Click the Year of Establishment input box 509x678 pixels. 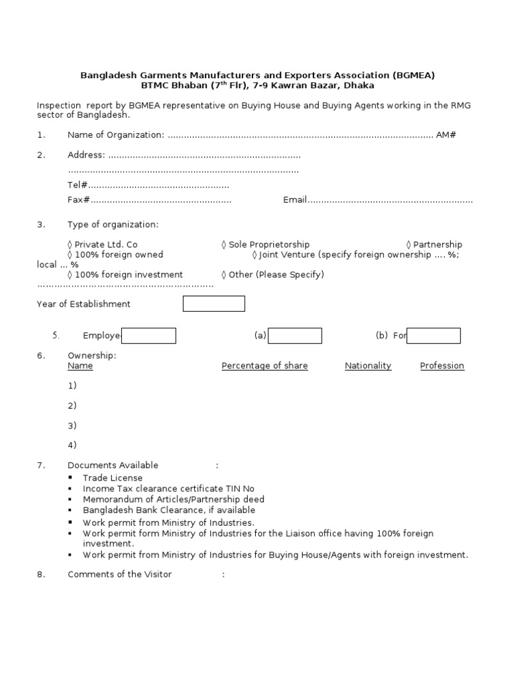point(213,304)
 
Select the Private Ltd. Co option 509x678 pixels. point(102,244)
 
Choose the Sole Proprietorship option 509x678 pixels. point(265,244)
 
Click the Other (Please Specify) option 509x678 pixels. point(272,274)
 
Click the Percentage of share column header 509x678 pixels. point(264,365)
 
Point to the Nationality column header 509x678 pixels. point(368,365)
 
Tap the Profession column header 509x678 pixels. point(442,365)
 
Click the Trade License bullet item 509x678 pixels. point(112,478)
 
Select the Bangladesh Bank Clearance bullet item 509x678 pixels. point(168,510)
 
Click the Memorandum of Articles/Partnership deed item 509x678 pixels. point(173,499)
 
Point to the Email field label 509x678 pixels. point(295,200)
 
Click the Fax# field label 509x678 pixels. point(79,200)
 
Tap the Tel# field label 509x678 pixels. point(78,185)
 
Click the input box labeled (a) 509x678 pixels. point(295,336)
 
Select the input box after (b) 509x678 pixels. point(433,336)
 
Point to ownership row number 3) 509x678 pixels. point(72,425)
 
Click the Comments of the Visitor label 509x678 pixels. point(119,574)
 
